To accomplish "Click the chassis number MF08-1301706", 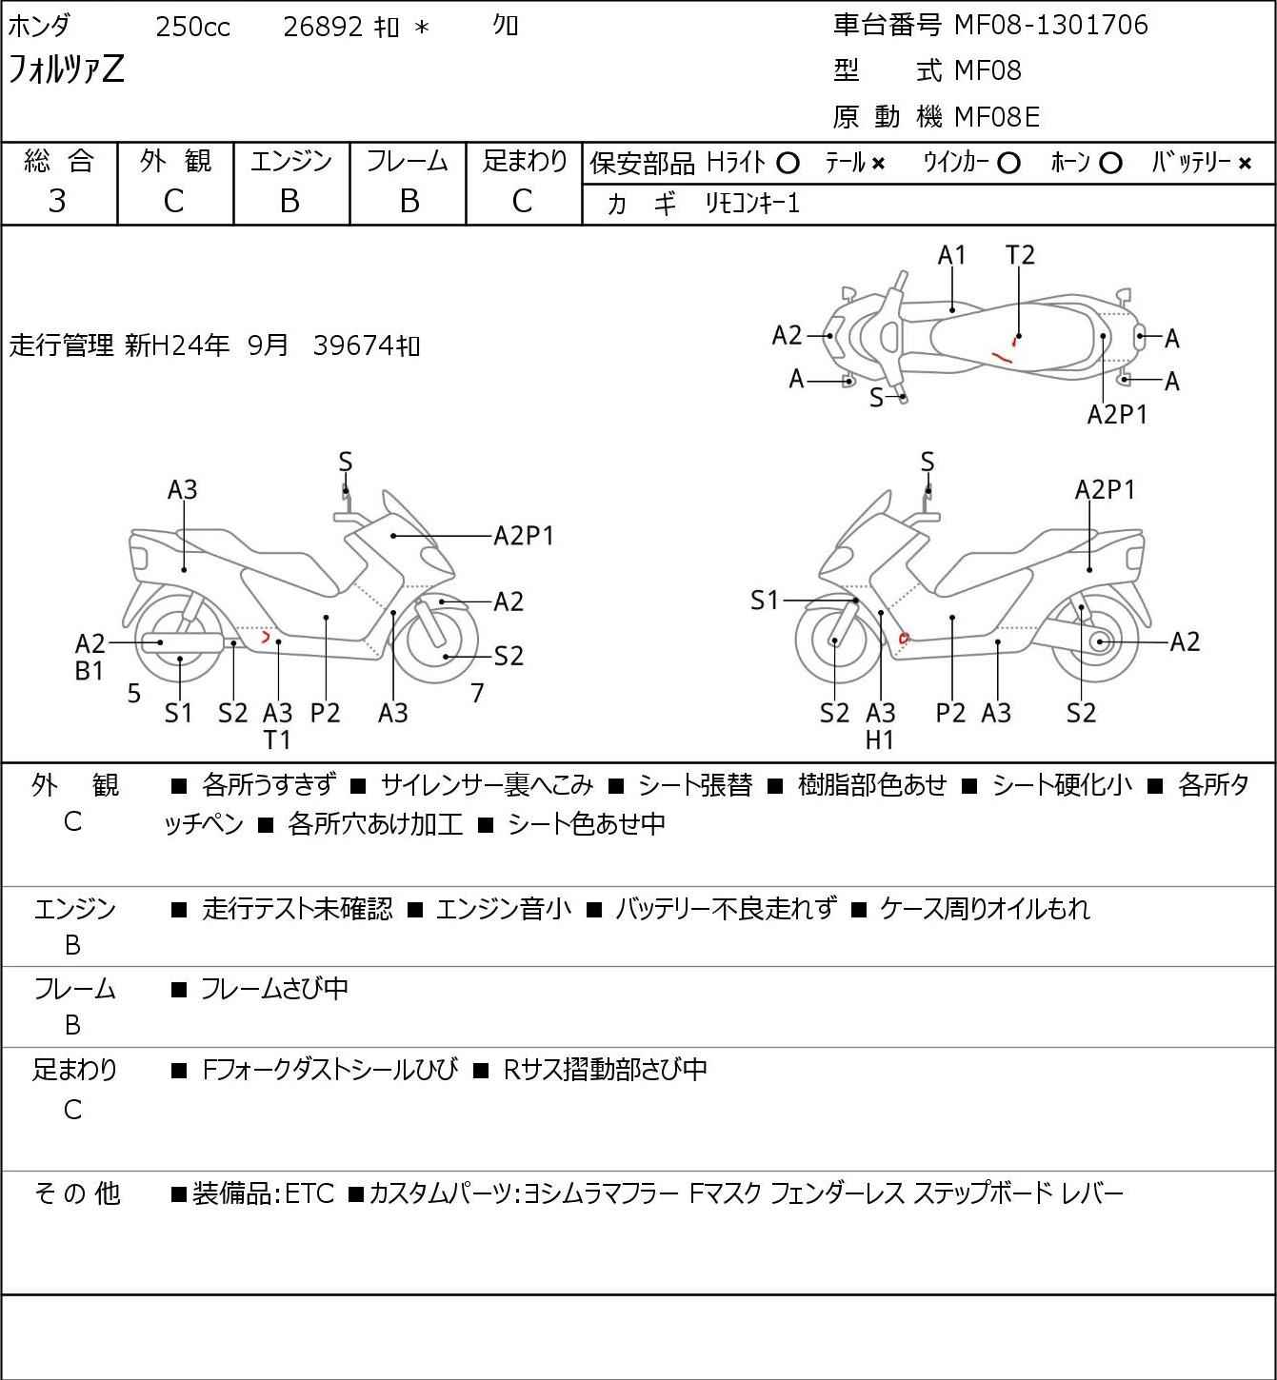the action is click(x=1050, y=25).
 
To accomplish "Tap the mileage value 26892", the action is click(x=323, y=27).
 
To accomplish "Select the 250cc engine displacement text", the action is click(x=192, y=27).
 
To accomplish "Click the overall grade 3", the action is click(x=57, y=201).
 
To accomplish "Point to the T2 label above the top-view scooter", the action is click(x=1020, y=255).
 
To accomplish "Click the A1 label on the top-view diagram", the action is click(x=951, y=255).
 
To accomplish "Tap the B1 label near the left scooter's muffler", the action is click(x=89, y=671).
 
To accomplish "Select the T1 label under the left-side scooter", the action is click(x=277, y=740).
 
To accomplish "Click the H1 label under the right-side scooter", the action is click(x=880, y=740).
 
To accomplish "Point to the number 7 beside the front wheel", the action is click(x=477, y=693).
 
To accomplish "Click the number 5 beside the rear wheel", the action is click(x=134, y=693).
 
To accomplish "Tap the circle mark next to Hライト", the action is click(x=788, y=164).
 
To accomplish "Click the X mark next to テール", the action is click(x=878, y=164).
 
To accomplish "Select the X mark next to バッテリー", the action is click(x=1245, y=164).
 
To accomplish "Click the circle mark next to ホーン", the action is click(x=1110, y=164).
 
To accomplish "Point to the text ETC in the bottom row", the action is click(x=309, y=1193).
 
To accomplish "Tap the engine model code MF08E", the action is click(x=997, y=117).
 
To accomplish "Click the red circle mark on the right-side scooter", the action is click(x=905, y=638).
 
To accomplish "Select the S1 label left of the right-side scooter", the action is click(x=765, y=600).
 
